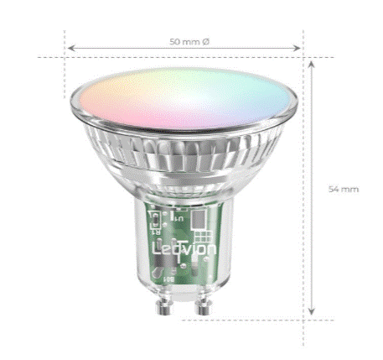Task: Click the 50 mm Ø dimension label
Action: pos(189,42)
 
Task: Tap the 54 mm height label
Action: pos(344,189)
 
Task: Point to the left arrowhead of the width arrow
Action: pos(71,48)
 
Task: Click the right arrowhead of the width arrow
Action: pos(297,48)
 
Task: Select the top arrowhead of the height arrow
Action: pos(311,65)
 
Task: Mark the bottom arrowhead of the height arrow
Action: pos(311,311)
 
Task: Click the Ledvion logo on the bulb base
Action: pos(184,249)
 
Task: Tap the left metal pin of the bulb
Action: pos(163,306)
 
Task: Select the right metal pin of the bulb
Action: pos(204,306)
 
